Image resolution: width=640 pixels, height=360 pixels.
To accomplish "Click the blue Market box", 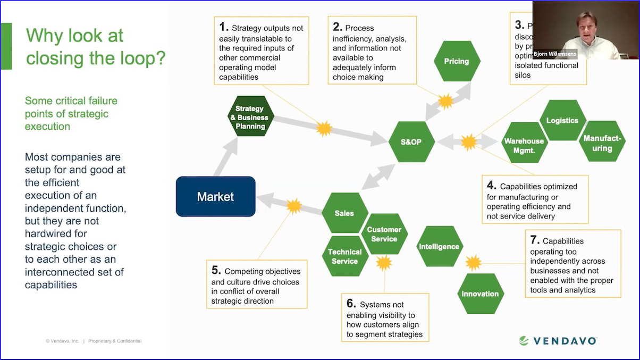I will (x=215, y=197).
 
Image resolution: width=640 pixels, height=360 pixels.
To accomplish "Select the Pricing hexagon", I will (x=457, y=61).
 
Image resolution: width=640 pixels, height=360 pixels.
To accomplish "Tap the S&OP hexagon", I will (x=411, y=142).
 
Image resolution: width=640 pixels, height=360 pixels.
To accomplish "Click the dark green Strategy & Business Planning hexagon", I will (x=250, y=117).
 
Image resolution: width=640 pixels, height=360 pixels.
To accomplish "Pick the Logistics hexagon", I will (x=562, y=121).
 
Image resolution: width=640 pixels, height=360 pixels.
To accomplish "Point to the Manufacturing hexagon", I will (x=602, y=143).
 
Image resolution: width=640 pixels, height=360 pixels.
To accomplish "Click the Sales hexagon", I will (x=344, y=213).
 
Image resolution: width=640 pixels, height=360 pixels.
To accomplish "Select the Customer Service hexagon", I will (x=384, y=234).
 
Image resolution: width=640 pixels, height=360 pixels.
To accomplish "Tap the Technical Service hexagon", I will (x=344, y=256).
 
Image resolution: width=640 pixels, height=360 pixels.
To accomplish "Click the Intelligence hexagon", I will (x=439, y=247).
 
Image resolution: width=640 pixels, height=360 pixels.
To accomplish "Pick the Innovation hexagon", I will (x=480, y=294).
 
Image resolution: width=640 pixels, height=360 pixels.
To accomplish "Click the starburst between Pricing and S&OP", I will (x=444, y=100).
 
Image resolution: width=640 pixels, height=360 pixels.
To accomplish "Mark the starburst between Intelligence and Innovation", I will (x=473, y=263).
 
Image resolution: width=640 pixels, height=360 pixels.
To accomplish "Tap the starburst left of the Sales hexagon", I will (x=293, y=206).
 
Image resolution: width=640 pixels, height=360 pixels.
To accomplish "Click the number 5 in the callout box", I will (x=216, y=270).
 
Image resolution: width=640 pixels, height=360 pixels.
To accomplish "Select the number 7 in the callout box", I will (x=535, y=240).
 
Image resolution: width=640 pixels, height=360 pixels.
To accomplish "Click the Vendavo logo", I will (x=558, y=341).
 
